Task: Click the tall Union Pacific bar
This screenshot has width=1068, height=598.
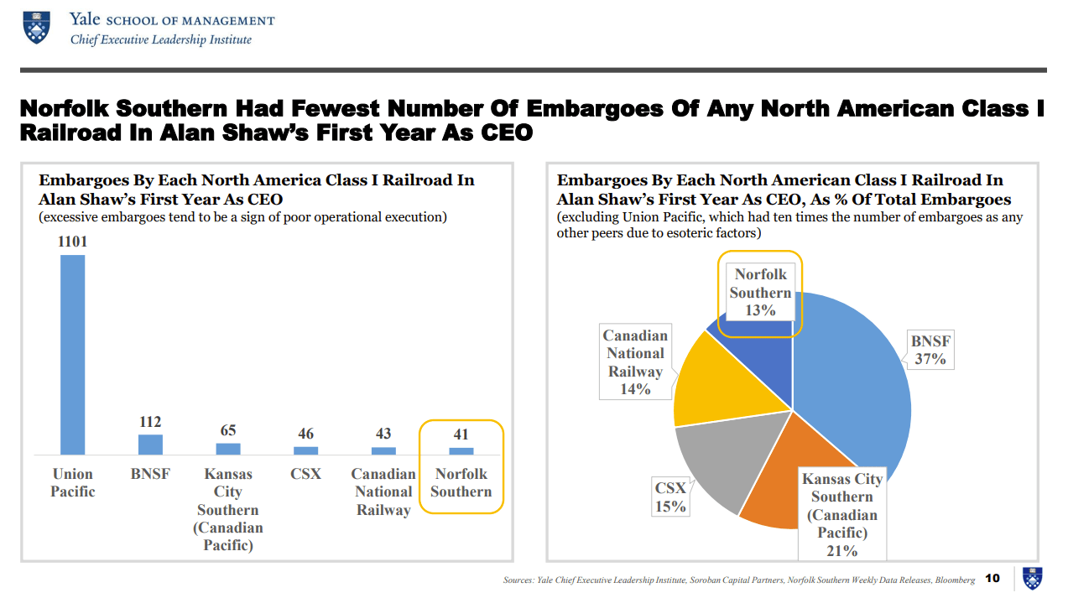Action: tap(73, 354)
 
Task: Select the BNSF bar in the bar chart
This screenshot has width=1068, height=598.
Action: tap(150, 445)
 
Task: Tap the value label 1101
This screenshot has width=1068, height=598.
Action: tap(73, 242)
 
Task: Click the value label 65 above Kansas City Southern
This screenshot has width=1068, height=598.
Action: tap(228, 430)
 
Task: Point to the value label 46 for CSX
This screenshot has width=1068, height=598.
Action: tap(305, 434)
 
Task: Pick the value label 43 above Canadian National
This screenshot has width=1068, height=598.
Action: tap(383, 434)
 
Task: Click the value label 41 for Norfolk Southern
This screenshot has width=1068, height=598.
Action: tap(461, 434)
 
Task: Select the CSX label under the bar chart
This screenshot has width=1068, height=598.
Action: tap(305, 474)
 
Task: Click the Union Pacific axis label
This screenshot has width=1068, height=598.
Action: tap(73, 482)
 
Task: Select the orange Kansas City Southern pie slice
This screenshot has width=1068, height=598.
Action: tap(776, 482)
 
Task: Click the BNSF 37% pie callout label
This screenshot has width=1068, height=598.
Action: tap(930, 350)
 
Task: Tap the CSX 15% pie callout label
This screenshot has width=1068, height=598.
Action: tap(670, 497)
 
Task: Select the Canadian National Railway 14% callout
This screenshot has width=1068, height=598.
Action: tap(635, 361)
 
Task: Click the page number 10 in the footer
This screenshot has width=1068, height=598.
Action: tap(992, 578)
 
